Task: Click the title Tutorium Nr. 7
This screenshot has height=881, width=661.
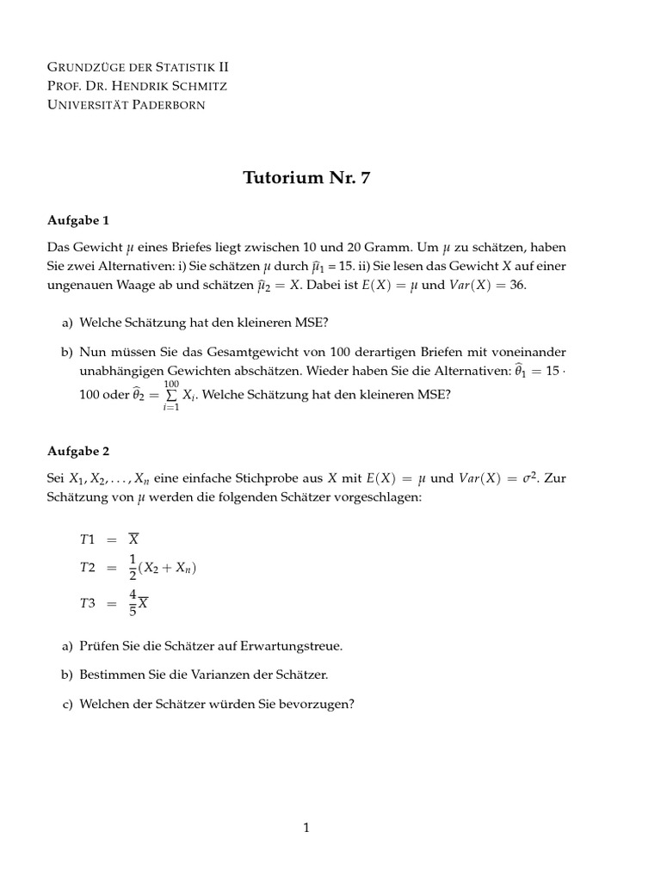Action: coord(311,178)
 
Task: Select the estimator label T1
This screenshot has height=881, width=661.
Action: coord(88,539)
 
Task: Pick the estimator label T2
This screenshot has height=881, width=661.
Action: coord(88,568)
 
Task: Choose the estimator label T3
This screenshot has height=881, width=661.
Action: coord(88,604)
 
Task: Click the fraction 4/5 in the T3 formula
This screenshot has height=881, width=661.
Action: coord(133,603)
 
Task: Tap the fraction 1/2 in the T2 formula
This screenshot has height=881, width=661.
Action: coord(133,568)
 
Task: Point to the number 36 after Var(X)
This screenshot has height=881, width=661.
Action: coord(517,285)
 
